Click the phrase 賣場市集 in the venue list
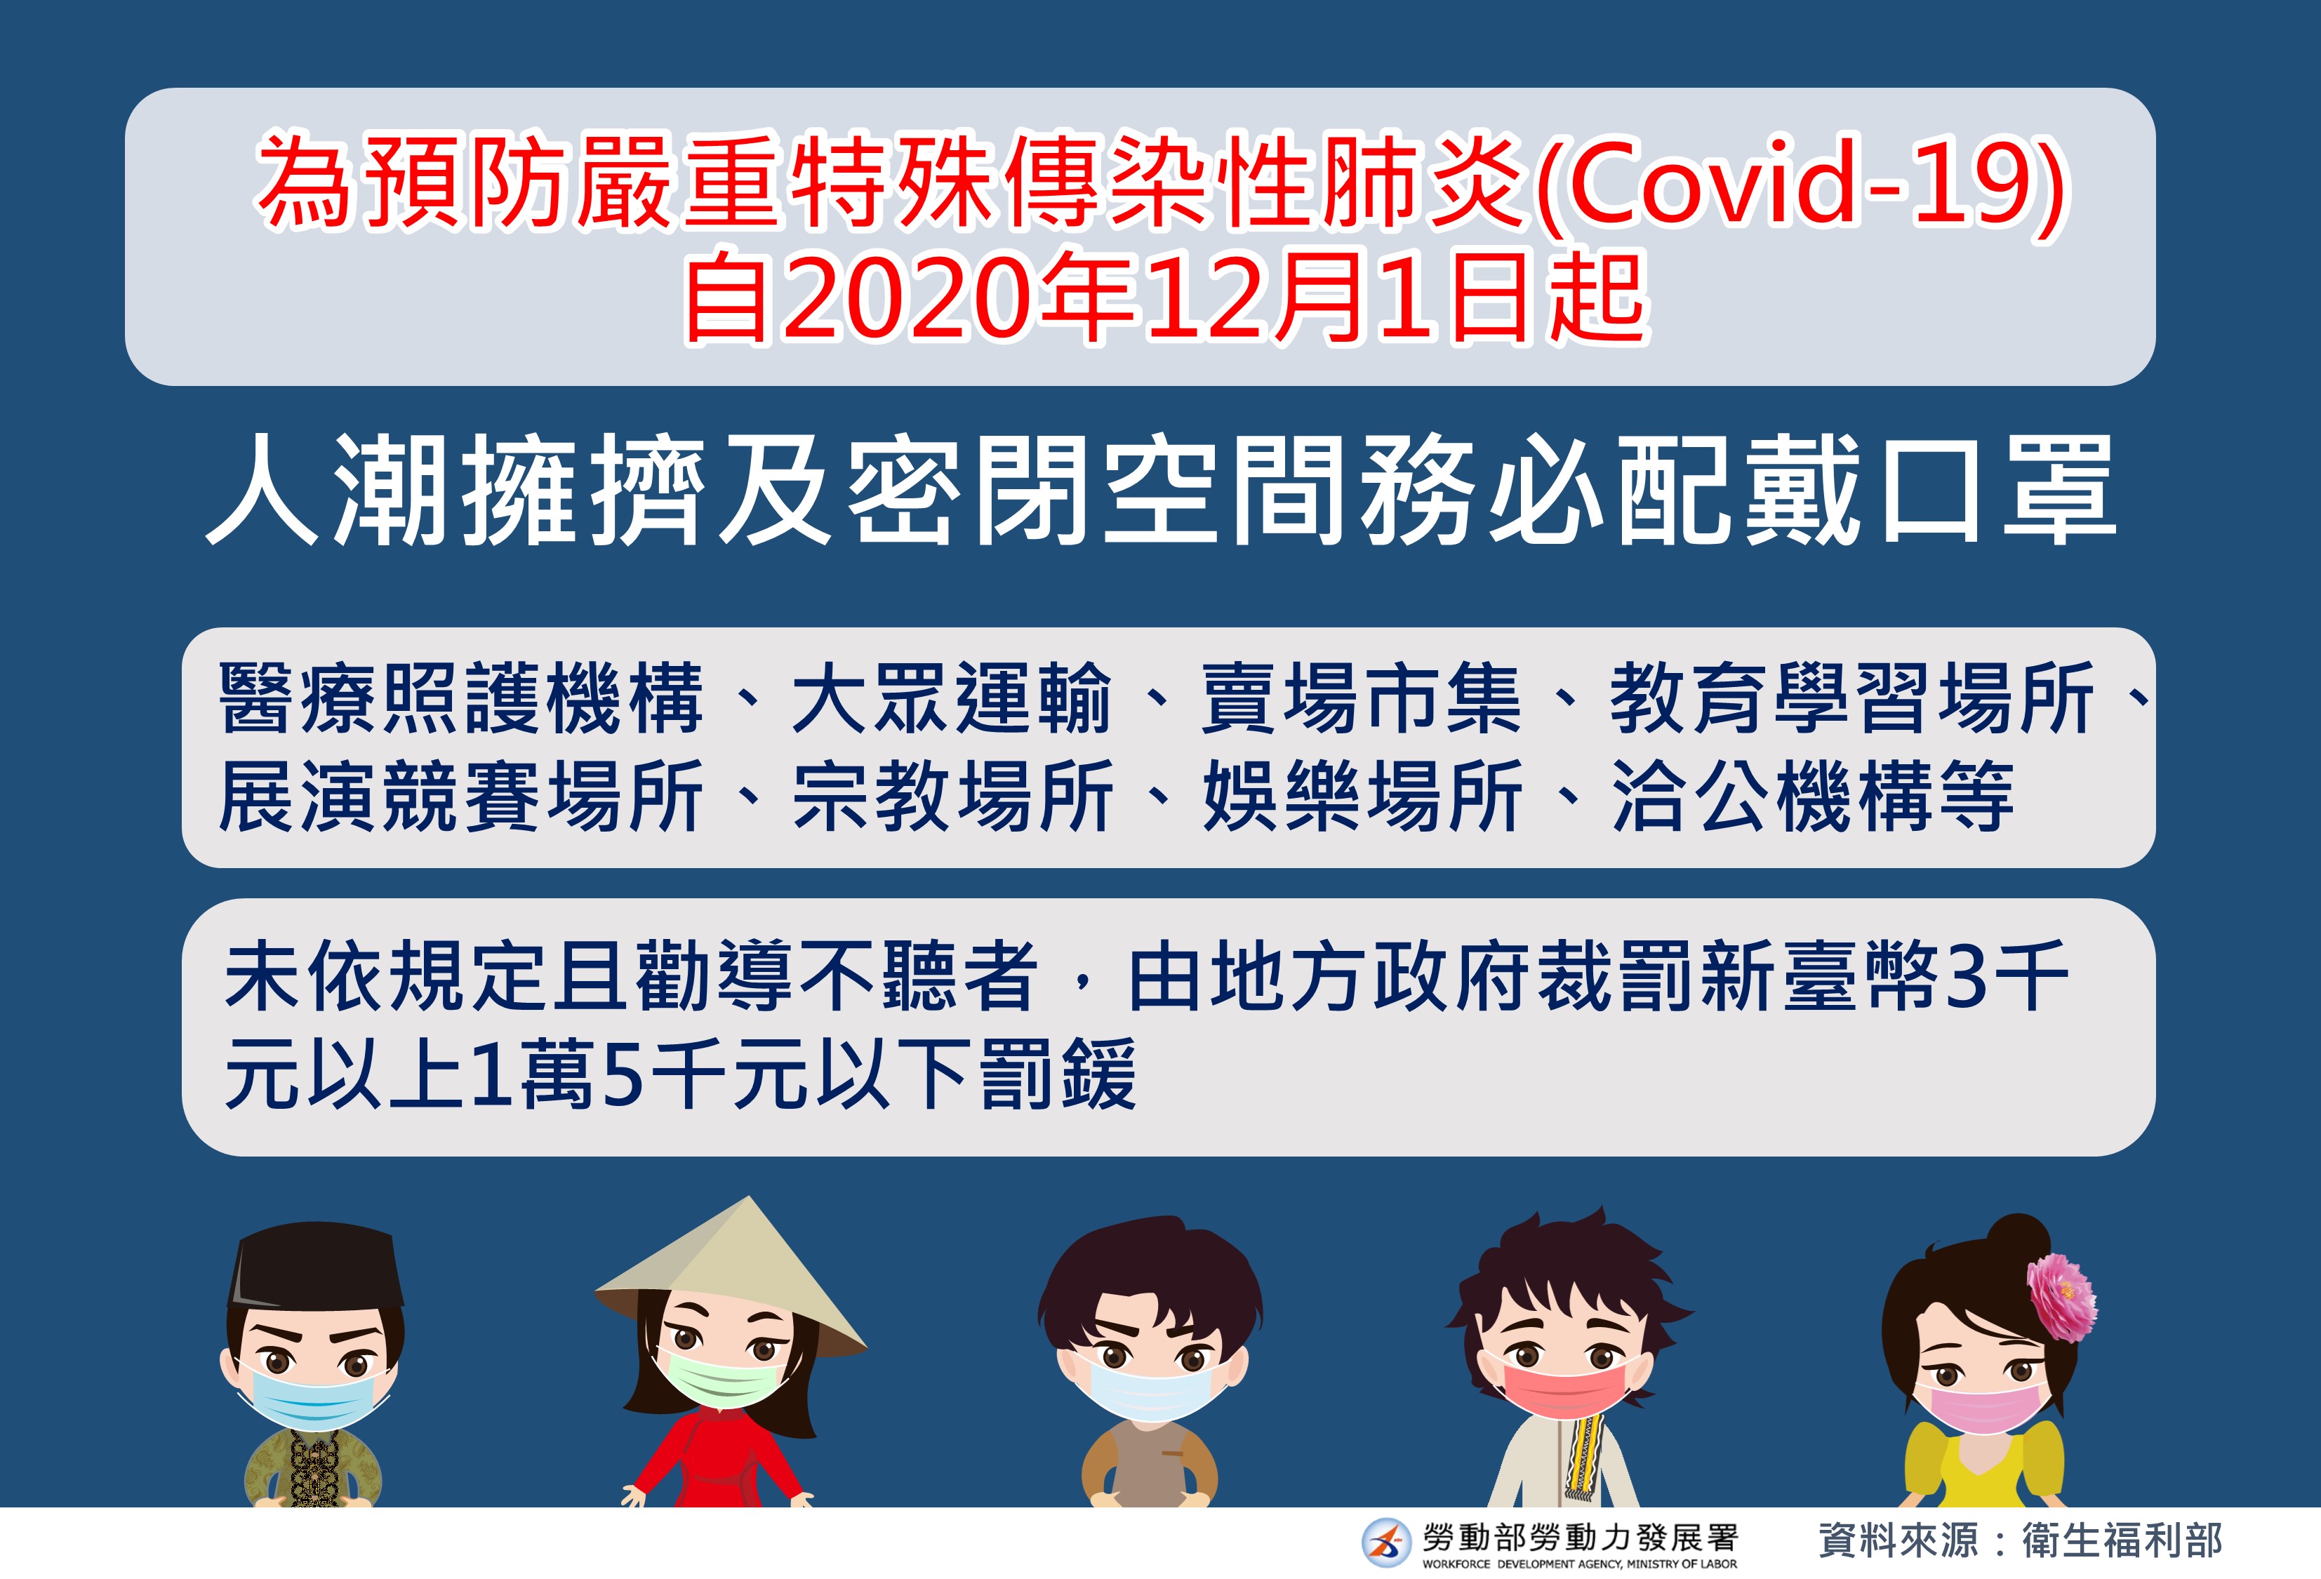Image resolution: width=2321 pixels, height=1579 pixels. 1360,698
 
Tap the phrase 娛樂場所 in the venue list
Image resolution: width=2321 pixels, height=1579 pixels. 1362,796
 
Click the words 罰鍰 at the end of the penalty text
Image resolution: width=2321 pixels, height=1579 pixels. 1058,1074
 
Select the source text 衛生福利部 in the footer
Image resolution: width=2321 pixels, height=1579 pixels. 2122,1540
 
